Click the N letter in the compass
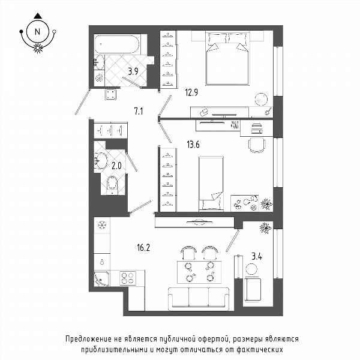(37, 32)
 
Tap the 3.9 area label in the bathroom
(133, 71)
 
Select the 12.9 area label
(191, 92)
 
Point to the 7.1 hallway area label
(139, 112)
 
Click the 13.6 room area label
(193, 145)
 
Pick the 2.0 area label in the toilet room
(116, 166)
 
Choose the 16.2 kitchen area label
(143, 247)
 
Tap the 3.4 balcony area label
(257, 256)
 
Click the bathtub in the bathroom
(117, 44)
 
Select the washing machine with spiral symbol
(100, 78)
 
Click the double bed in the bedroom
(227, 59)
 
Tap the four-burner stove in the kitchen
(128, 278)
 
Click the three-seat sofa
(199, 298)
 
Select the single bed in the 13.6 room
(211, 184)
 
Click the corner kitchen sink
(102, 278)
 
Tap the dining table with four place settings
(199, 272)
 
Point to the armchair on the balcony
(253, 289)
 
